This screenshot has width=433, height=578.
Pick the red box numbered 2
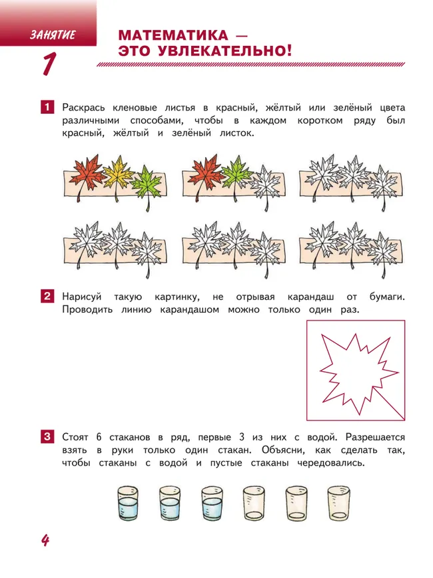[x=47, y=297]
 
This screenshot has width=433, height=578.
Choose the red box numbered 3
[x=47, y=437]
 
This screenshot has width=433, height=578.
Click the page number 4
[x=45, y=540]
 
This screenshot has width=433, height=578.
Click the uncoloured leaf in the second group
[x=264, y=181]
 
